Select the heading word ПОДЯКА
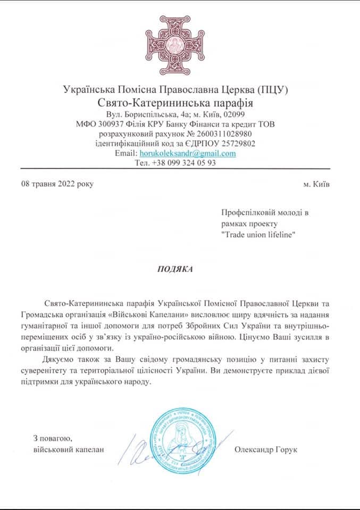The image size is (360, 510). point(175,269)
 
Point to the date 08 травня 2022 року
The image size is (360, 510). point(57,184)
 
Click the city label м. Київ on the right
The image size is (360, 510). point(316,184)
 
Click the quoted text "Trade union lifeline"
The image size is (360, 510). point(258,235)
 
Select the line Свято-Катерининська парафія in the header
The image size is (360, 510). point(175,102)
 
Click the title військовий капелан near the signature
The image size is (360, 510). point(68,450)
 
